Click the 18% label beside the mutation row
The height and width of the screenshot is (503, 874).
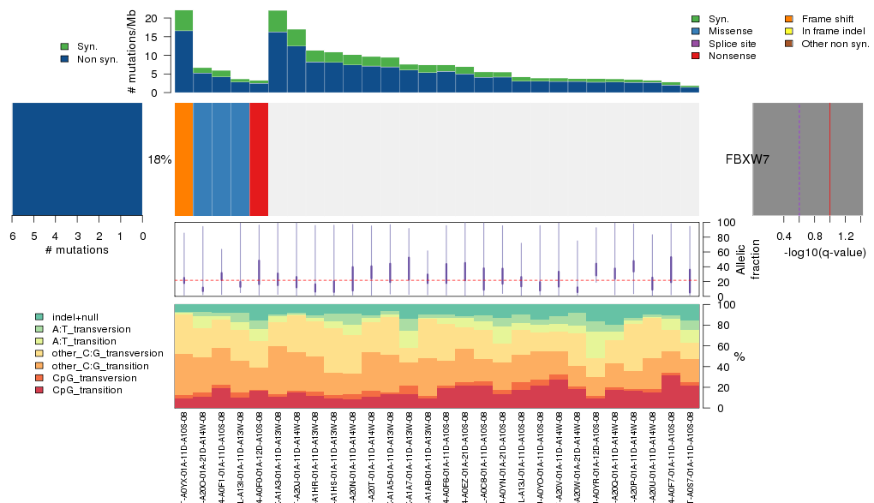coord(159,159)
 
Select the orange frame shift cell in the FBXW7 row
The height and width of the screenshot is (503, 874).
coord(183,159)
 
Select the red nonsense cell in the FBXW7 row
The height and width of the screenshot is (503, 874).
coord(259,159)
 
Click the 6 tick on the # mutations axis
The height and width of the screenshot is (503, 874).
coord(12,237)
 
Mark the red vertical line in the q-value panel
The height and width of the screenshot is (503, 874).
coord(829,159)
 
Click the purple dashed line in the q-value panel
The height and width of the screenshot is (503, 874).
coord(799,159)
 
